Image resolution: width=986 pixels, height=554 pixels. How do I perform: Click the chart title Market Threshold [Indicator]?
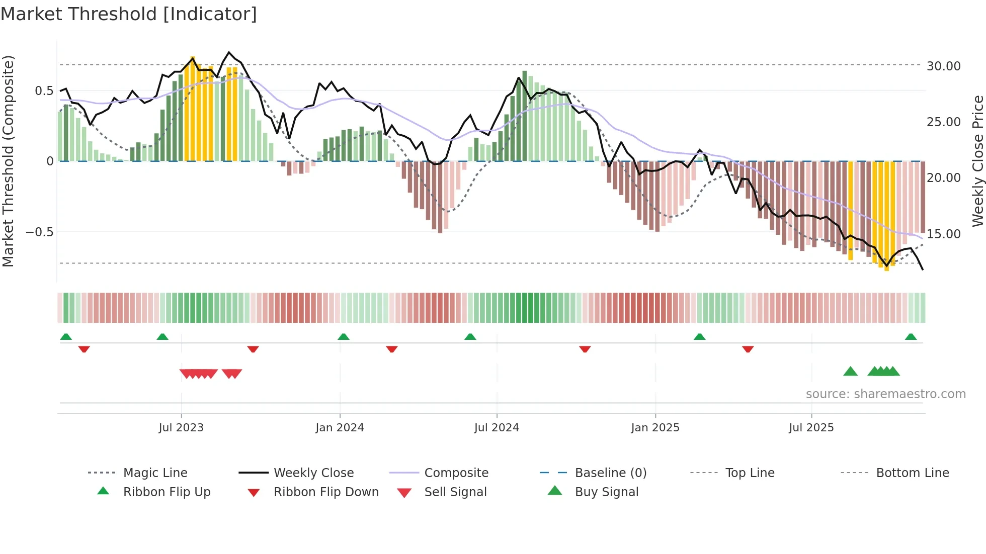click(x=129, y=14)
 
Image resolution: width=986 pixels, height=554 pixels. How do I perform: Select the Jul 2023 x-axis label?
click(x=181, y=428)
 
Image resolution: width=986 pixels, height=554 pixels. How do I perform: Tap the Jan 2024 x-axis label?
click(x=340, y=428)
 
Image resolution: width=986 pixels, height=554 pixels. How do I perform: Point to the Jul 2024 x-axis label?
click(x=497, y=428)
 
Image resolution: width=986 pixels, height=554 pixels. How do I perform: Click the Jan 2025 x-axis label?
click(x=655, y=428)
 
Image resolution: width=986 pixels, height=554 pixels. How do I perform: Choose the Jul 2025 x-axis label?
click(x=811, y=428)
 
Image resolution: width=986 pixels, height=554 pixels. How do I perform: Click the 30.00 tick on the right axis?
click(x=943, y=66)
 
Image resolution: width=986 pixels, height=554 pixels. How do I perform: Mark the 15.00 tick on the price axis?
click(x=943, y=234)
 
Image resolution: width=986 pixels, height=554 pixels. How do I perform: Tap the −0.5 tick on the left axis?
click(x=39, y=232)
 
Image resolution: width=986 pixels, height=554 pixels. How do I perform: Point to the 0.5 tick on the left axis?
click(x=44, y=91)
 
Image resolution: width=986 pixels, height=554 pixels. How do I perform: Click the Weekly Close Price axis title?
click(x=977, y=161)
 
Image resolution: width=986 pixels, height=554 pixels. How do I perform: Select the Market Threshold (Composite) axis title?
click(x=8, y=161)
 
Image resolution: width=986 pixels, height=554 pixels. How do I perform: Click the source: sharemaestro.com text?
click(x=885, y=394)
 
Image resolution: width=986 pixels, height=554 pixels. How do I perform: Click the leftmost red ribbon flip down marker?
click(x=84, y=349)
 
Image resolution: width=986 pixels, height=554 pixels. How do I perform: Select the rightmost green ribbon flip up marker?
click(x=911, y=337)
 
